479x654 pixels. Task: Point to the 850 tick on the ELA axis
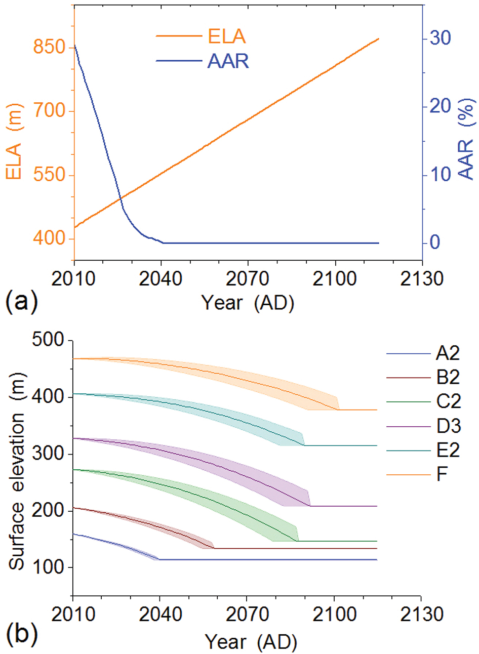click(x=50, y=47)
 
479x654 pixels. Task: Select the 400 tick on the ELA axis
click(x=50, y=238)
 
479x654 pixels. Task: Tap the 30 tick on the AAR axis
click(x=441, y=38)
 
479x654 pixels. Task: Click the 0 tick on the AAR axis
click(x=435, y=242)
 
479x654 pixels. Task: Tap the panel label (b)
click(x=21, y=634)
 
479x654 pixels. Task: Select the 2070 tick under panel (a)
click(x=248, y=278)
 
